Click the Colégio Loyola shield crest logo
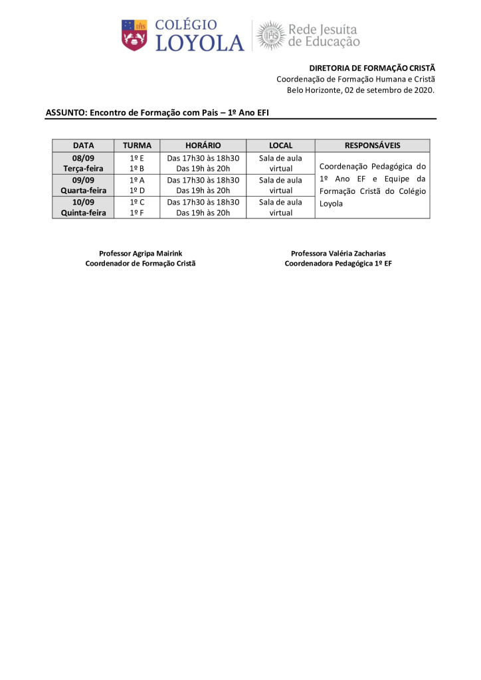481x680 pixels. [x=134, y=35]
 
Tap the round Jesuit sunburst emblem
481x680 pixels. [x=270, y=35]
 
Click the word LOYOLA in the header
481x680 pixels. [x=199, y=44]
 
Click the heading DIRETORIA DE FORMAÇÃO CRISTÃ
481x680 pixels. [x=372, y=68]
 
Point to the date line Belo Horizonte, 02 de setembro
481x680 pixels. [x=361, y=90]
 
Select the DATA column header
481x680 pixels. [x=83, y=145]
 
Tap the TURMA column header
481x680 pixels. [x=137, y=145]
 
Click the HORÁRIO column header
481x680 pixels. [x=203, y=145]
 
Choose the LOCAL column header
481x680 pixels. [x=280, y=145]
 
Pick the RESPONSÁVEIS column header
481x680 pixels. [x=372, y=145]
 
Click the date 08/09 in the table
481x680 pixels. [x=83, y=158]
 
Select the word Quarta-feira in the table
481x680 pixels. [x=83, y=191]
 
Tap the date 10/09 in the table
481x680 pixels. [x=83, y=202]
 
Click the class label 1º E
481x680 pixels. [x=137, y=158]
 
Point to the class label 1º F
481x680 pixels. [x=137, y=212]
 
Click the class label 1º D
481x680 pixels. [x=137, y=191]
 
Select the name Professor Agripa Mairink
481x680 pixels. [x=140, y=253]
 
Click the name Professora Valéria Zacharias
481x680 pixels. [x=338, y=253]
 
